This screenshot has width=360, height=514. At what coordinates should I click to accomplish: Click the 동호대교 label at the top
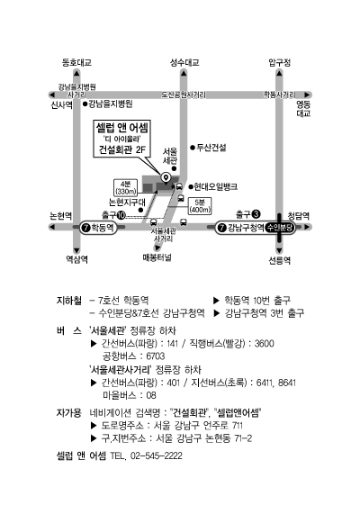click(76, 62)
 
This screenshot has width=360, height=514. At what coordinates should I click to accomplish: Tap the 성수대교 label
click(184, 62)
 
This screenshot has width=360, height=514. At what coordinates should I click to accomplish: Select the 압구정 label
click(280, 62)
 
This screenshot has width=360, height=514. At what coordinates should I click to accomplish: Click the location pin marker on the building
click(166, 177)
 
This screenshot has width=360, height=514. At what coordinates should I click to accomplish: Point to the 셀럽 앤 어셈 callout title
click(122, 127)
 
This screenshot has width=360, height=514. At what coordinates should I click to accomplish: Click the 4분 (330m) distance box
click(126, 188)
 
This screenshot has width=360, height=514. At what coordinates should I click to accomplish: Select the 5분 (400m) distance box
click(200, 206)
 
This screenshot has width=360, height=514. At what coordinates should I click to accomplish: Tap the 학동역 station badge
click(98, 227)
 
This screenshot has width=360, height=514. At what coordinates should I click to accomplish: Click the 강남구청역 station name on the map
click(246, 228)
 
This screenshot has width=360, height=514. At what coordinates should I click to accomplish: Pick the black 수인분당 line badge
click(280, 228)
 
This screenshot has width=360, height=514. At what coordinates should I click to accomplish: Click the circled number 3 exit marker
click(256, 214)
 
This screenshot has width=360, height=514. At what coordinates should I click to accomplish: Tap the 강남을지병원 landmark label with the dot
click(108, 104)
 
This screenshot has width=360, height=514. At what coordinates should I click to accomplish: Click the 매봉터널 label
click(157, 257)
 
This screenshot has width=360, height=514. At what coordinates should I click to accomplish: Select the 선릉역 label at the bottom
click(280, 260)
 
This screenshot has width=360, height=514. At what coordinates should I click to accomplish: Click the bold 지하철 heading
click(69, 301)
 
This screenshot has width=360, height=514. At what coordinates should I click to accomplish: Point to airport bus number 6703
click(156, 356)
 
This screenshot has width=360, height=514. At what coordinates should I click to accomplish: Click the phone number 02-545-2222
click(157, 455)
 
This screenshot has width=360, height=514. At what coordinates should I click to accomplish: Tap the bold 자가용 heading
click(69, 412)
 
